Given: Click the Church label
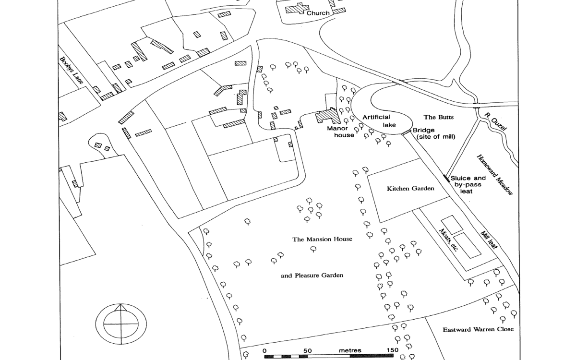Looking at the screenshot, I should point(318,13).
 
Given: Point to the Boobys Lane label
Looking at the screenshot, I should point(72,71).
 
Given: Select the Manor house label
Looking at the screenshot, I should point(341,132).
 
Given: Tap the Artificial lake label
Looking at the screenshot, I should point(377,120).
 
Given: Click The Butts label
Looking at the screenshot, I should point(439,117).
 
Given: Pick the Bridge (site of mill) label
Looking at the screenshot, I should point(433,133).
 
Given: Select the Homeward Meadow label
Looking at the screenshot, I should point(494,174).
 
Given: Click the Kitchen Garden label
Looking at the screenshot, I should point(410,189).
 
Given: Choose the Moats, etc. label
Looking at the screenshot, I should point(449,240).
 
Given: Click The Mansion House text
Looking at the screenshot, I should point(323,239).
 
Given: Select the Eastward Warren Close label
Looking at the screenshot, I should point(478,329).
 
